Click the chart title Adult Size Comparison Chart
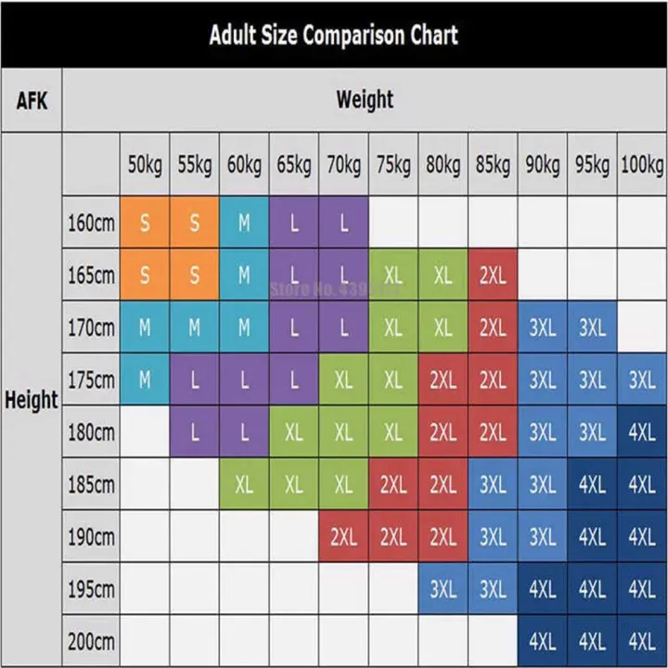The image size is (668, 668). tap(333, 35)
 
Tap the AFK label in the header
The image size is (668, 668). tap(32, 99)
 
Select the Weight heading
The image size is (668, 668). tap(365, 99)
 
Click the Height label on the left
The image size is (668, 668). tap(32, 401)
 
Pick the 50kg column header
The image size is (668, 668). tap(145, 165)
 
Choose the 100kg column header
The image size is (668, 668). tap(642, 165)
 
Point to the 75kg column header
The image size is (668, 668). tap(393, 165)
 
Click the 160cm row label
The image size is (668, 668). tap(91, 223)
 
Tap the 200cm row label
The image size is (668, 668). tap(91, 641)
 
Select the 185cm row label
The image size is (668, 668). tap(91, 484)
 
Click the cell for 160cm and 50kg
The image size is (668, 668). tap(145, 223)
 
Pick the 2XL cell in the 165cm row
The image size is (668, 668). tap(493, 276)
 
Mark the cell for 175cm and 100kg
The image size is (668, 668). tap(642, 379)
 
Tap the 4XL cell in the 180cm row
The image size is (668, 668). tap(642, 432)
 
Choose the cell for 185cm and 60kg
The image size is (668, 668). tap(244, 484)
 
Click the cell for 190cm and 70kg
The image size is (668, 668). tap(343, 536)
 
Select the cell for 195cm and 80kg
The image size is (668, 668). tap(443, 589)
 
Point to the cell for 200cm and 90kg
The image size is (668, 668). tap(543, 641)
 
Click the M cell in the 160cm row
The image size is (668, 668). tap(244, 223)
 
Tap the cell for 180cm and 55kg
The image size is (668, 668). tap(195, 432)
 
